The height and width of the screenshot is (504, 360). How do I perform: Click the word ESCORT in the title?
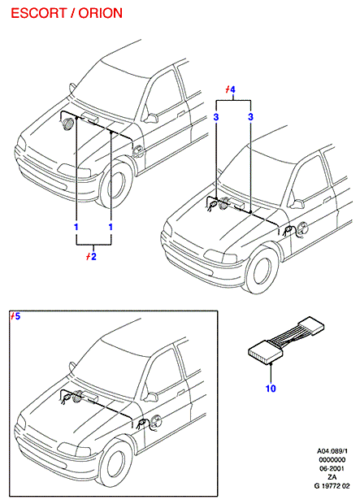coord(38,14)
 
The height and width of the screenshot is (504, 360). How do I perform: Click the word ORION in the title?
coord(101,14)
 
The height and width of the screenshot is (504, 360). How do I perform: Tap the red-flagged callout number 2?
coord(93,257)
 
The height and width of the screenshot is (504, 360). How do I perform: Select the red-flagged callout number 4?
coord(232,89)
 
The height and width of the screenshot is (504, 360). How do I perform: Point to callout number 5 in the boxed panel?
coord(17,316)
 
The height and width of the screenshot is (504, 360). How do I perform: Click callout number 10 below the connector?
coord(271,389)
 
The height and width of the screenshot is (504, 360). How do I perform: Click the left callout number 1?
coord(76,227)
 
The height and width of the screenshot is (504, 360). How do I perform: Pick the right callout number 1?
coord(111,227)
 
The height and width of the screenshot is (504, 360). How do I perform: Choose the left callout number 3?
coord(216,117)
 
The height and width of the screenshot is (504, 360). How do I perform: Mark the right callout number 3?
coord(251,117)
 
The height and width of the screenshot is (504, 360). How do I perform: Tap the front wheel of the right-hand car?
coord(261,269)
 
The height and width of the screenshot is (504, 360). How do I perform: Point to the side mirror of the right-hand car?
coord(297,204)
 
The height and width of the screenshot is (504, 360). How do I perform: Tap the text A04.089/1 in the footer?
coord(332,451)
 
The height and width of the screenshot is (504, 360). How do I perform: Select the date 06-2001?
coord(332,468)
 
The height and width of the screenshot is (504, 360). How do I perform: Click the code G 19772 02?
coord(332,485)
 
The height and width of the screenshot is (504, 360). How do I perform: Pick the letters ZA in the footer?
coord(332,477)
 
